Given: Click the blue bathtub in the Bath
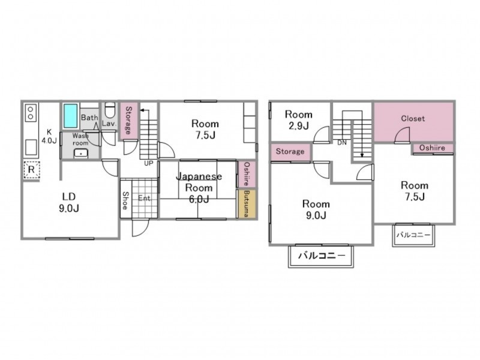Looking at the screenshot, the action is [70, 116].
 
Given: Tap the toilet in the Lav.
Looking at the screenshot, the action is [109, 110].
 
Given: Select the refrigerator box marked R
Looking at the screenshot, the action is [32, 169].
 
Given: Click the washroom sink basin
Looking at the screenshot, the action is [81, 153].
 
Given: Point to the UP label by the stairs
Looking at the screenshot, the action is [148, 163].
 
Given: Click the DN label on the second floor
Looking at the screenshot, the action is [342, 143].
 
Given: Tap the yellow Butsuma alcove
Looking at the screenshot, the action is [247, 204].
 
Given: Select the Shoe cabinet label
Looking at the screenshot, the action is [125, 200].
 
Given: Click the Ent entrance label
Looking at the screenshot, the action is [144, 199].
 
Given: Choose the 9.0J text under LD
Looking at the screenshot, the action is [69, 208].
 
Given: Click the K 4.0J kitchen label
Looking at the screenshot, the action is [49, 136].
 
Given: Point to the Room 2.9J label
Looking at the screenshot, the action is [298, 120].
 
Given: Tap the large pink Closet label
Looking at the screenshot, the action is [413, 118].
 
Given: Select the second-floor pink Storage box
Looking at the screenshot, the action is [290, 152].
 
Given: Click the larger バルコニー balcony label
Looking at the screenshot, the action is [322, 256].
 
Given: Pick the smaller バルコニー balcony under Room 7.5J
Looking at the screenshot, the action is [413, 235].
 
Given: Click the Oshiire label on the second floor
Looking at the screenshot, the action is [432, 148].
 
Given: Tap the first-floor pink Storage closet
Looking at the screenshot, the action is [128, 121].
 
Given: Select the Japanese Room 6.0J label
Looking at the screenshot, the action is [199, 188].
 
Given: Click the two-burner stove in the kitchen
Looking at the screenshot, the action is [31, 113].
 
